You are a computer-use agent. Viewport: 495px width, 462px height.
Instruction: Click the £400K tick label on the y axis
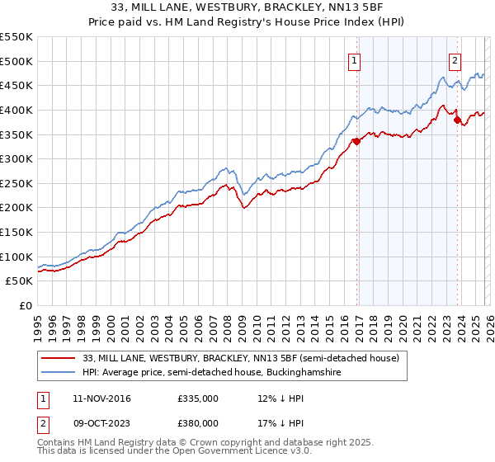tap(16, 110)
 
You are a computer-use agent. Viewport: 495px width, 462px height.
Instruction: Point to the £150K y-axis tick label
tap(16, 232)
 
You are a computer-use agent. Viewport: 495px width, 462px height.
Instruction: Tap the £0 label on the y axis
tap(25, 305)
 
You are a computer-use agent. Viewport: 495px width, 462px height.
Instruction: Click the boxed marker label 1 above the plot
tap(354, 59)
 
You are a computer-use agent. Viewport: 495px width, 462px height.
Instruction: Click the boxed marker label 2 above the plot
tap(455, 59)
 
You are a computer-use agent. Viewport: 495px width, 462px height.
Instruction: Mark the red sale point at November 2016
tap(356, 141)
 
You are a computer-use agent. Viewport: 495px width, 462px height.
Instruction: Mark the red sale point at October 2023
tap(457, 120)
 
